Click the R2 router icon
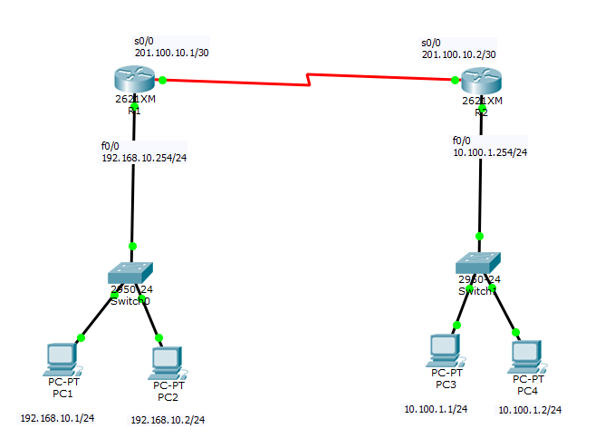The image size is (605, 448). pos(478,83)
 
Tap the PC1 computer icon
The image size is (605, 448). pos(61,359)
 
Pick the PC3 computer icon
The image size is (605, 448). pos(445,350)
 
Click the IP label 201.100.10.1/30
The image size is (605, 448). pos(172,54)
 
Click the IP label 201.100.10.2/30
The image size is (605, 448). pos(458,54)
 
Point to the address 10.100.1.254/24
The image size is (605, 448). pos(489,152)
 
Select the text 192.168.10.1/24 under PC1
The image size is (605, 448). pos(57,418)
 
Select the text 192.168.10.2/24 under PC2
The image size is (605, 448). pos(168,420)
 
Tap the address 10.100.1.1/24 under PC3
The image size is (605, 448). pos(436,409)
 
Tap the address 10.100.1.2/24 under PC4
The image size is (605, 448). pos(530,410)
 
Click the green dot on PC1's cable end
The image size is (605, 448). pos(81,337)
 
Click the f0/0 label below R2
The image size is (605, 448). pos(461,141)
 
